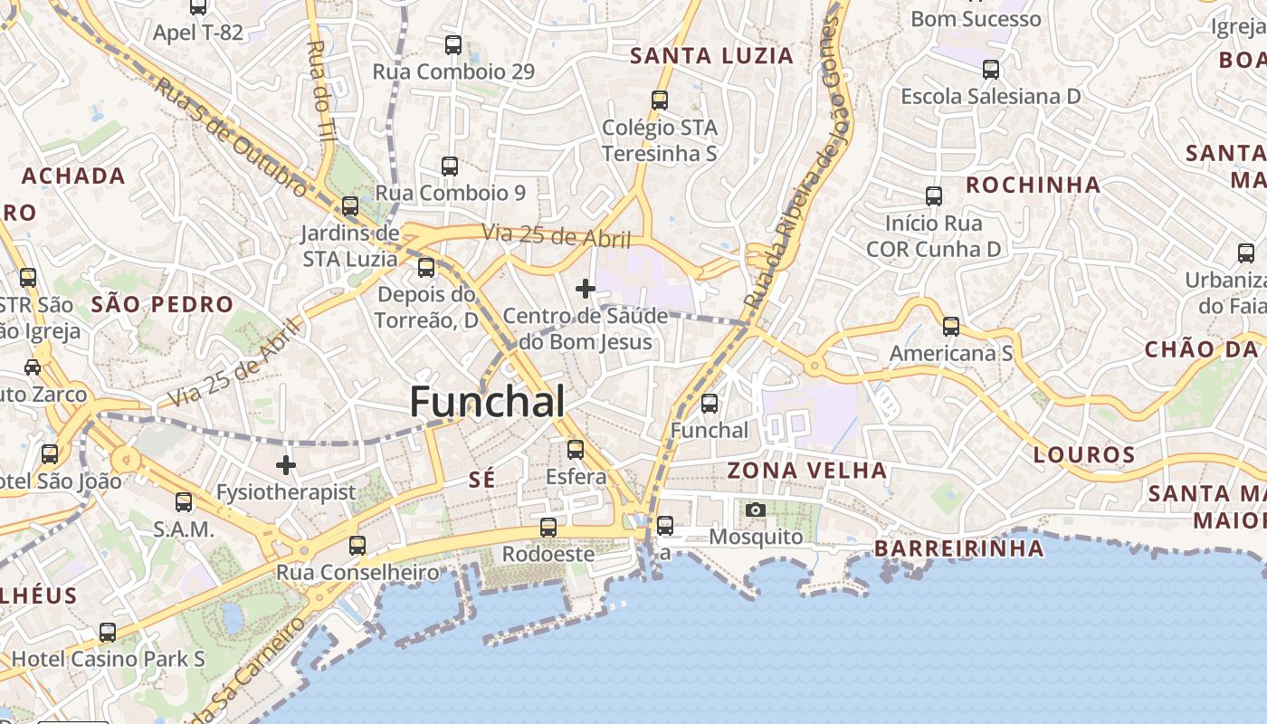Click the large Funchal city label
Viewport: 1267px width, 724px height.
(x=488, y=402)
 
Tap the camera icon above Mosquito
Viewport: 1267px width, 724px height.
(x=756, y=510)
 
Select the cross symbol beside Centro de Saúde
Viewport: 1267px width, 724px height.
(x=586, y=289)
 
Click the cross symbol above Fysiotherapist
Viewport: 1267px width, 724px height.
(x=286, y=465)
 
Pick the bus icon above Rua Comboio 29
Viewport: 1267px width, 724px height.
(x=453, y=44)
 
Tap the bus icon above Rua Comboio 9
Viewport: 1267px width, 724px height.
(x=450, y=166)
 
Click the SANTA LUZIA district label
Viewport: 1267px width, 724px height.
(x=711, y=56)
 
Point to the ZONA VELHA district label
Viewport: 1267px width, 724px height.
(x=807, y=471)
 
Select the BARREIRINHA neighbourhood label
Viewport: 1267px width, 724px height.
(x=959, y=548)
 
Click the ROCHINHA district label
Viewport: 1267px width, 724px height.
(x=1034, y=186)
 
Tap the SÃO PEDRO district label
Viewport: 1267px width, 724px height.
(x=162, y=305)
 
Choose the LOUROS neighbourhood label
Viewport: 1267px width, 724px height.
(x=1084, y=454)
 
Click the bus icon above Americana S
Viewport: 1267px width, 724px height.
(x=951, y=326)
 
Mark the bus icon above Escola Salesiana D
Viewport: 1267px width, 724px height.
(x=991, y=69)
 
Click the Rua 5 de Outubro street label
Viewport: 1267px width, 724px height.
(x=232, y=136)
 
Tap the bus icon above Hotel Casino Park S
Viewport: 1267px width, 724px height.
(x=108, y=632)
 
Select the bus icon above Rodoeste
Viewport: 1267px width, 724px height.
(x=548, y=527)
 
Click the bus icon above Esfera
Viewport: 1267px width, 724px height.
(x=576, y=449)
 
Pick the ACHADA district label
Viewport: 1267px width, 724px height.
(x=73, y=176)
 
